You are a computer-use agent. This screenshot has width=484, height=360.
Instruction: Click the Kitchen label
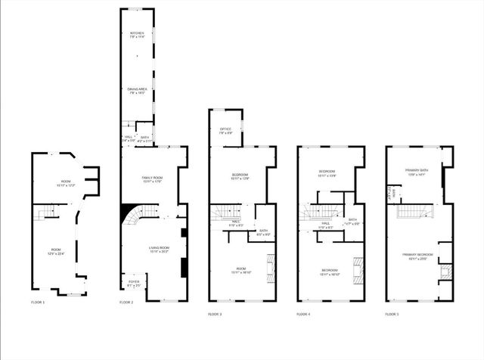pos(137,35)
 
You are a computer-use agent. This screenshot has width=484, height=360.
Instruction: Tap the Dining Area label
pos(137,90)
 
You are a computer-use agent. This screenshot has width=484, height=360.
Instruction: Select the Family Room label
pos(153,179)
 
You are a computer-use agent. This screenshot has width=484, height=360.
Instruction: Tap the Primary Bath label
pos(417,172)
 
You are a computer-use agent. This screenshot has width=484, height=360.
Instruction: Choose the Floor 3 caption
pos(215,314)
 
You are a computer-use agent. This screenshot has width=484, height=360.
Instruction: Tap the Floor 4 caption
pos(303,314)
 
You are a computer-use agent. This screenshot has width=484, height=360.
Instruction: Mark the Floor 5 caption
pos(392,314)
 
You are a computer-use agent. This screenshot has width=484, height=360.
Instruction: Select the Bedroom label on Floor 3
pos(240,176)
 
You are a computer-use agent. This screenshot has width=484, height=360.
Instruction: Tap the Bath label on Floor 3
pos(263,232)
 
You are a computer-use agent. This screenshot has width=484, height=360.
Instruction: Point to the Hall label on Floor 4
pos(326,224)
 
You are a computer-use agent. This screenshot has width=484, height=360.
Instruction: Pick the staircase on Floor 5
pos(409,214)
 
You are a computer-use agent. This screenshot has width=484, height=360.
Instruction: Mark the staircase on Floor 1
pos(50,215)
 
